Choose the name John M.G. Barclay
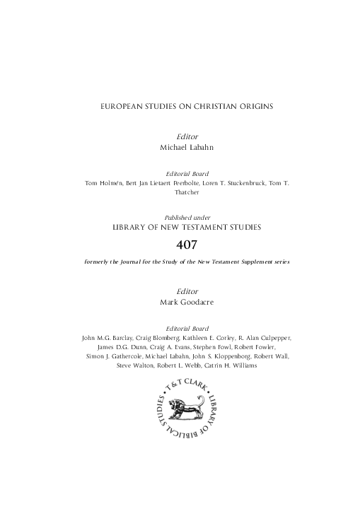point(106,339)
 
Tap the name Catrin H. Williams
point(225,366)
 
